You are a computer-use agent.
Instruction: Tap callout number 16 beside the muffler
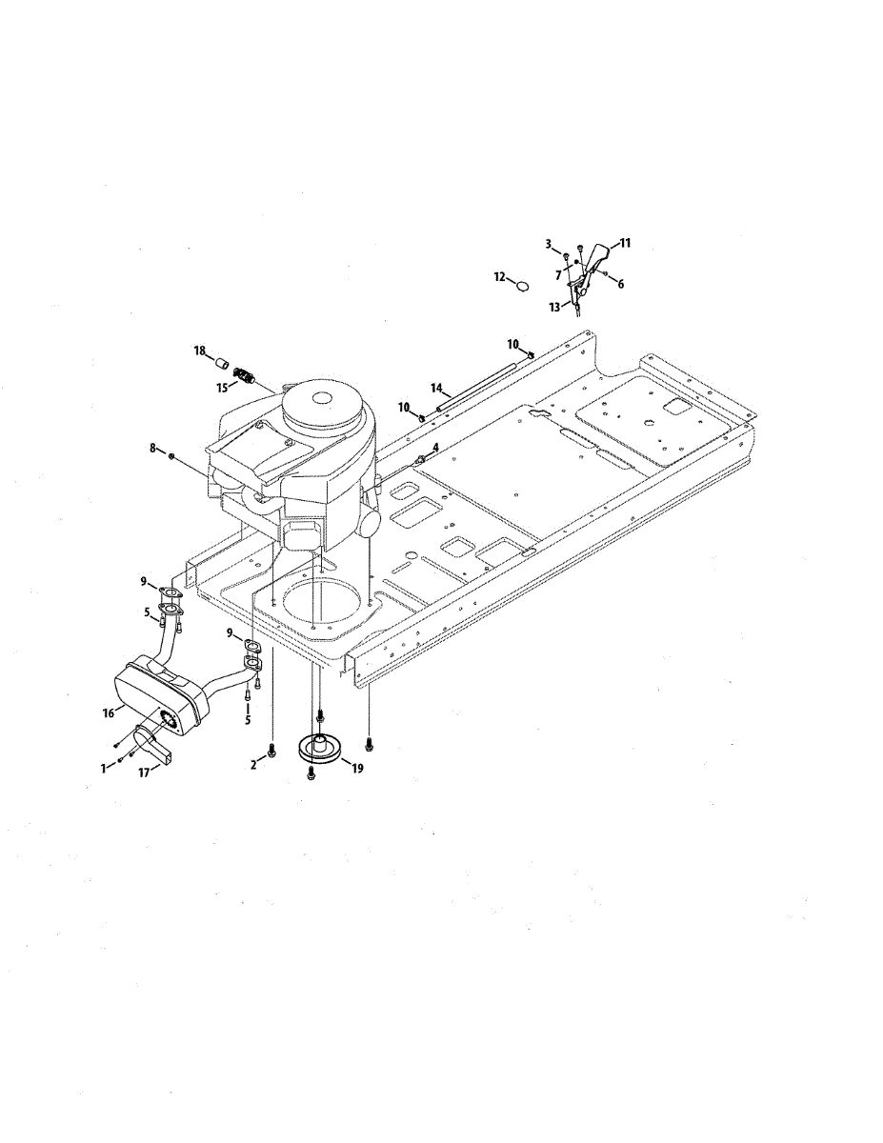(x=110, y=712)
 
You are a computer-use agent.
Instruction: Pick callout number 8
(x=152, y=448)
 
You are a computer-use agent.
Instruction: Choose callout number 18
(x=200, y=351)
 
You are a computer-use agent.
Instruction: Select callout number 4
(x=435, y=447)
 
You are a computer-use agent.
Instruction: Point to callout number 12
(x=499, y=276)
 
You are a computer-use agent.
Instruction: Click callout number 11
(x=625, y=244)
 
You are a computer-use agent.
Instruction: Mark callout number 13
(x=554, y=308)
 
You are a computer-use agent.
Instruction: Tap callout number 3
(x=550, y=244)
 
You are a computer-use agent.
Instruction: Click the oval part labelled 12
(x=521, y=283)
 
